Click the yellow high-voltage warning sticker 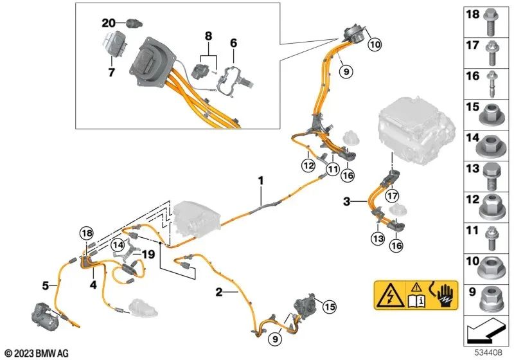[x=416, y=295]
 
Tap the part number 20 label [x=108, y=22]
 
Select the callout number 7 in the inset [x=111, y=73]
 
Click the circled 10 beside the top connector [x=374, y=44]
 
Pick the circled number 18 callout [x=86, y=233]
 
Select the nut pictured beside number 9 [x=496, y=297]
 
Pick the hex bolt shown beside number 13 [x=496, y=174]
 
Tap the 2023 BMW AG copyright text [x=36, y=353]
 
